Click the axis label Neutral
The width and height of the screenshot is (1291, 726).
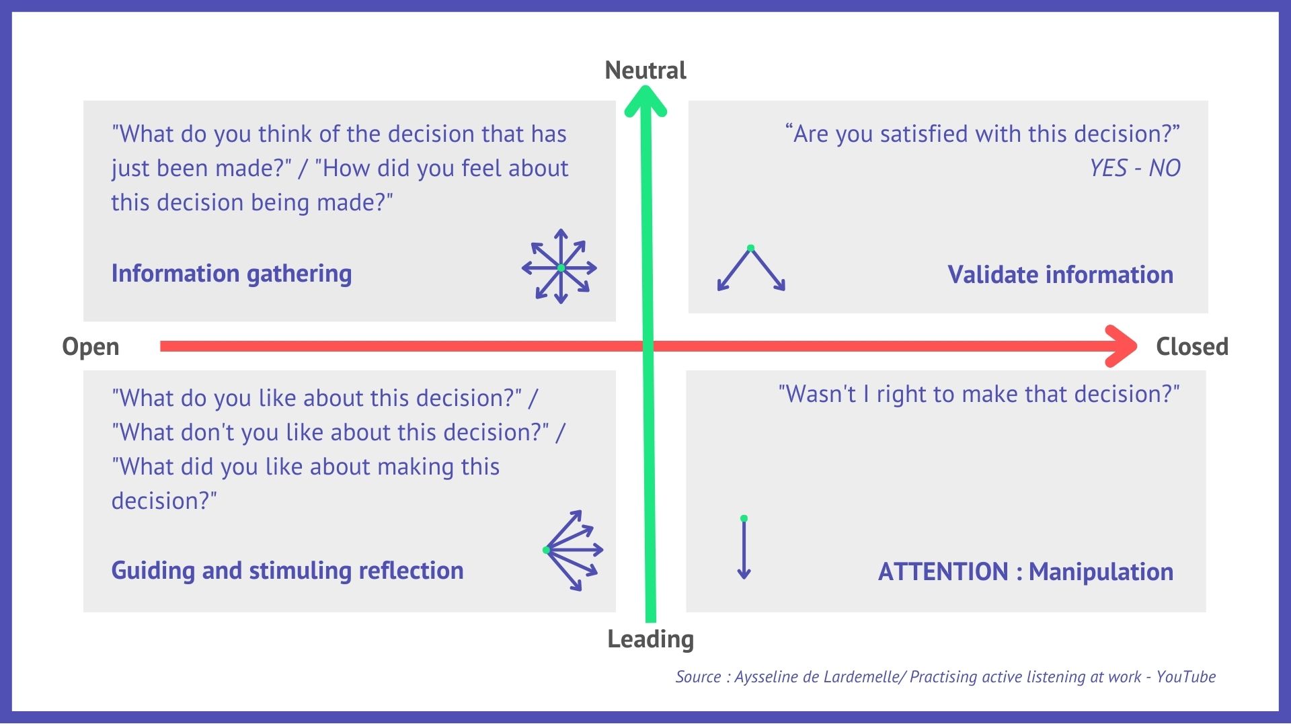click(645, 70)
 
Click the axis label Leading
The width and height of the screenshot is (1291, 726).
click(650, 639)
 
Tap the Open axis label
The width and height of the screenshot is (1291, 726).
click(91, 347)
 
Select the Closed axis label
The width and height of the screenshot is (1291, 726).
click(1192, 346)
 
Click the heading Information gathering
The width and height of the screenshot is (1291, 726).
click(231, 274)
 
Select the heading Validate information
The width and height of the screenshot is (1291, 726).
click(1060, 274)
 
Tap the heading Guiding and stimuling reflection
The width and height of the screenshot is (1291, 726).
click(287, 571)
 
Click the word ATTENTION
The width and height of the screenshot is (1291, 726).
click(943, 571)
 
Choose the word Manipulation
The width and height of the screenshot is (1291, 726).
click(1101, 571)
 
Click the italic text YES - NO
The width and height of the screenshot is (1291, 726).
click(1135, 168)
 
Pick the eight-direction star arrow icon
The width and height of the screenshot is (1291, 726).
click(559, 267)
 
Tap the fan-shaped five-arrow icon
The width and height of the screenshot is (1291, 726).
click(573, 551)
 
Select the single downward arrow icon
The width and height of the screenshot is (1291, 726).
click(744, 548)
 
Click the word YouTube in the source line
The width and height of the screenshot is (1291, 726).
click(1186, 677)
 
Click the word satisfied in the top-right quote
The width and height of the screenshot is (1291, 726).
click(925, 134)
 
